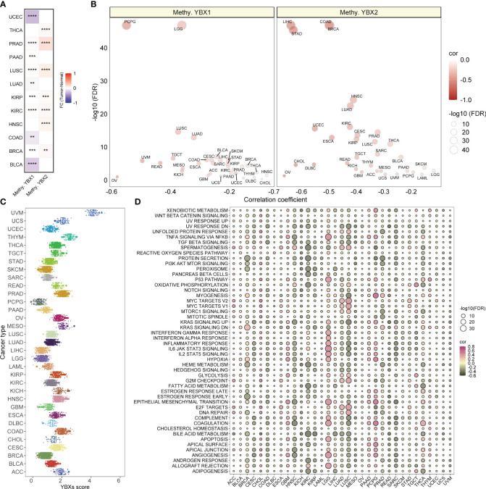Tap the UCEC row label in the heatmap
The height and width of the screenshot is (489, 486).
point(14,14)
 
